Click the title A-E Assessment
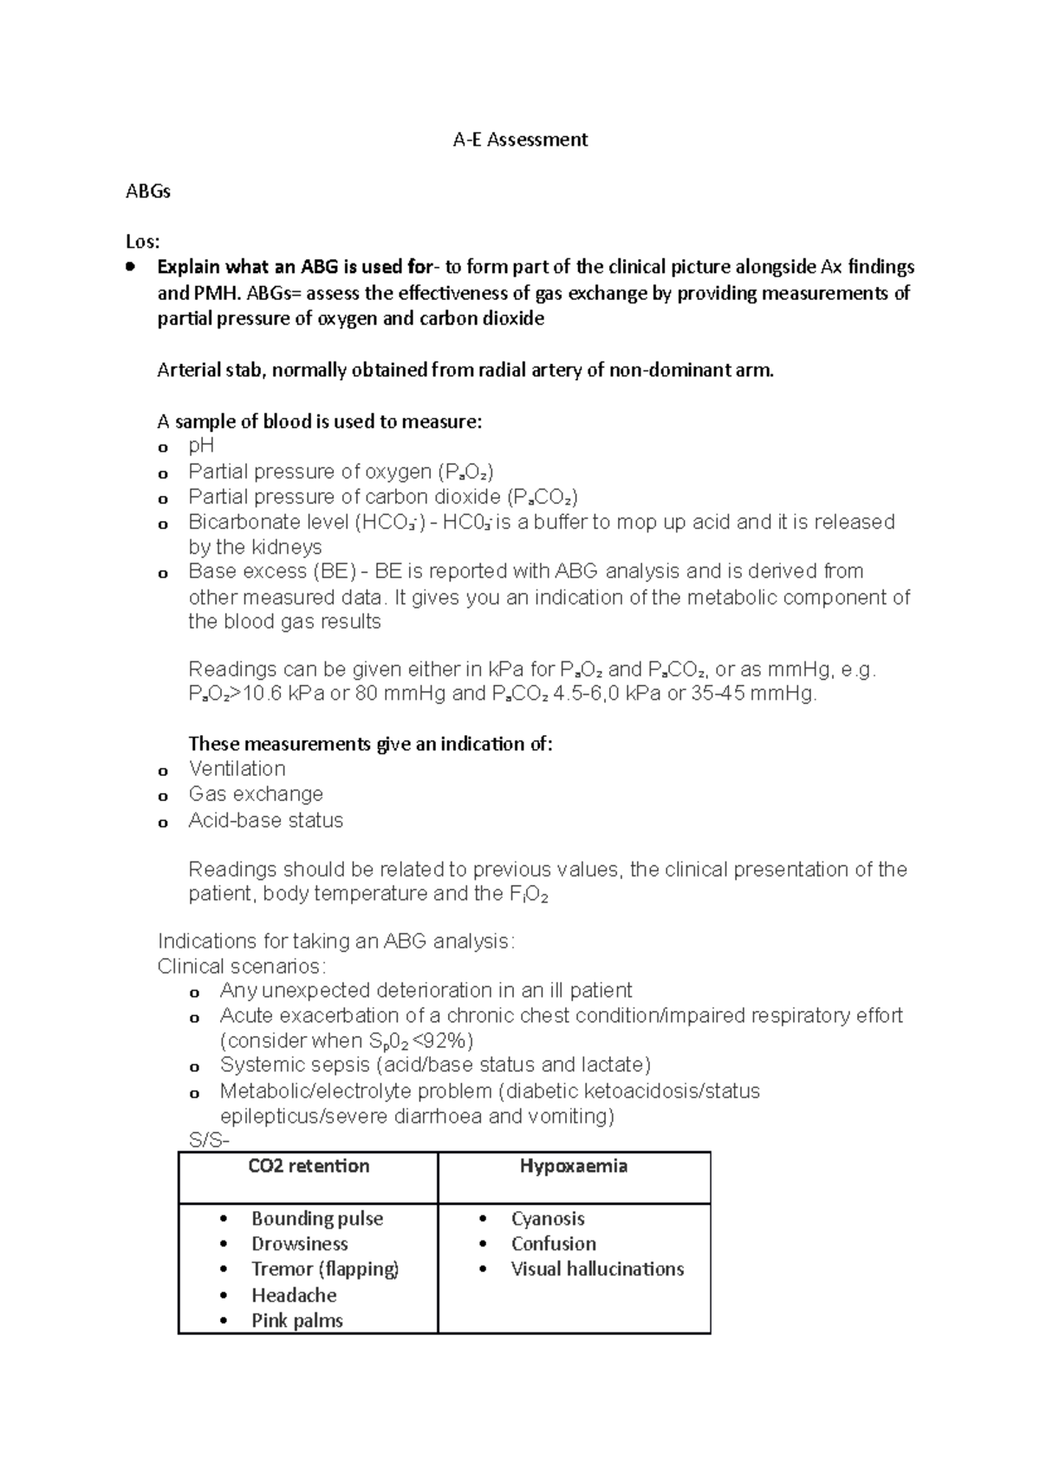[x=520, y=140]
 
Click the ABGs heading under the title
[x=148, y=192]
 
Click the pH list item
[x=201, y=446]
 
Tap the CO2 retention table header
[x=309, y=1166]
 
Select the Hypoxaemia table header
[x=574, y=1166]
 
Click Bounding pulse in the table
[x=317, y=1218]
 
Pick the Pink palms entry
[x=297, y=1320]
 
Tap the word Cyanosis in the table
[x=548, y=1218]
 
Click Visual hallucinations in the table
[x=597, y=1269]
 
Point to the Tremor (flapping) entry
[x=325, y=1269]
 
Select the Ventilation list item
[x=237, y=769]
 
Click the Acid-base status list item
[x=265, y=820]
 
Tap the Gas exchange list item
[x=256, y=794]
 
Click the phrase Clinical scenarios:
[x=242, y=966]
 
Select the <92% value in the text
[x=445, y=1040]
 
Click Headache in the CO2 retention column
[x=294, y=1295]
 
